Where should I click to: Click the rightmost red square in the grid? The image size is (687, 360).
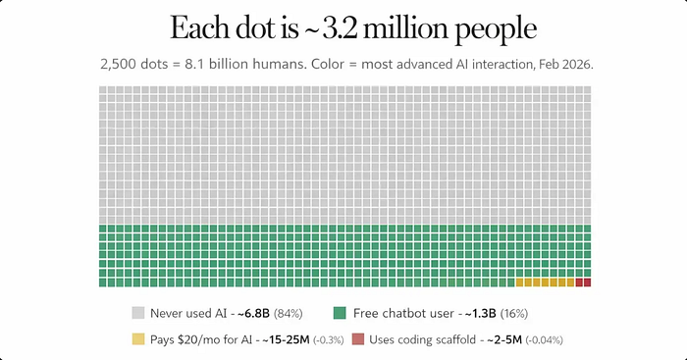tap(587, 283)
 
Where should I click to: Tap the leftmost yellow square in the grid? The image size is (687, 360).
tap(519, 283)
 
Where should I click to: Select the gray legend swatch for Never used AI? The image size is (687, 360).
tap(138, 313)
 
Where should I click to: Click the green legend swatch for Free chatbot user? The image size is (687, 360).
tap(340, 313)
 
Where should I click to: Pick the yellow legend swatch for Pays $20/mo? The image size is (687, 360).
tap(138, 339)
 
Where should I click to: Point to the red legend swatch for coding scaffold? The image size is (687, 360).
tap(358, 339)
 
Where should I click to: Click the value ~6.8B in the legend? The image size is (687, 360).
tap(253, 314)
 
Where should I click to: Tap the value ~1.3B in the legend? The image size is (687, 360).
tap(481, 314)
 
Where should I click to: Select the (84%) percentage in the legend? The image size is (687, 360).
tap(289, 314)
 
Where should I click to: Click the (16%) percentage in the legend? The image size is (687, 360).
tap(514, 314)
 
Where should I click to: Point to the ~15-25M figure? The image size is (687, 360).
tap(287, 339)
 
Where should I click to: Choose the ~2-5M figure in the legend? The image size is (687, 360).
tap(504, 339)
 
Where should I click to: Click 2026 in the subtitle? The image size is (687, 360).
tap(577, 65)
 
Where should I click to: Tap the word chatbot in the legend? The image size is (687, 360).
tap(404, 313)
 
